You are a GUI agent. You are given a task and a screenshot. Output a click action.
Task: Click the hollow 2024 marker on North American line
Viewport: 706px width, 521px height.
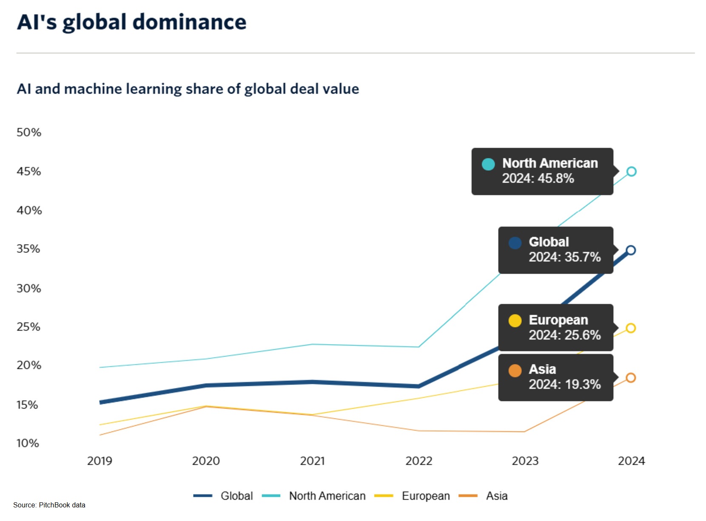[631, 172]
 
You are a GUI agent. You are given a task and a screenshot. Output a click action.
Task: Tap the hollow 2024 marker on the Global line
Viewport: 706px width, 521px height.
[631, 250]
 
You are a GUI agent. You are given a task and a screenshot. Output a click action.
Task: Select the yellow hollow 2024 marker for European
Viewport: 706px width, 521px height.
[631, 328]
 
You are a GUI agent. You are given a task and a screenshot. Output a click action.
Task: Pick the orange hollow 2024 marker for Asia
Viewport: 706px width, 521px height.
[631, 378]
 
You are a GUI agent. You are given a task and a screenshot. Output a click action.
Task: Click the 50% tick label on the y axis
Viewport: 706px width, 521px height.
[29, 133]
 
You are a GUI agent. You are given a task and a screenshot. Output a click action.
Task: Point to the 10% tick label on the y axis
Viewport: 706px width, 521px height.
[28, 443]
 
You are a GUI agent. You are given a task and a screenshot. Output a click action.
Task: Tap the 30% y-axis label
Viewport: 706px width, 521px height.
[29, 289]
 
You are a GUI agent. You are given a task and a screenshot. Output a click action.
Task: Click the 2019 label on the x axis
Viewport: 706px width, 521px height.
[100, 461]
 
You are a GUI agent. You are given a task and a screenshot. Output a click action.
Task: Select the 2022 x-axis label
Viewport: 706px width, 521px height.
[418, 461]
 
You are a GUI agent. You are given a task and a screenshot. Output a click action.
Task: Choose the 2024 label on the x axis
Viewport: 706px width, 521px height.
[631, 461]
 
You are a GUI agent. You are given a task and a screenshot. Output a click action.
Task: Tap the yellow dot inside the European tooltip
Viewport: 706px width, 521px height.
[515, 320]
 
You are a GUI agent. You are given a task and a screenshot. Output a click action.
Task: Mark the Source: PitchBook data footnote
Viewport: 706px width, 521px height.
[49, 505]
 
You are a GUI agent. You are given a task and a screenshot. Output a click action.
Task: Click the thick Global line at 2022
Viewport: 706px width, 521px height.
[418, 386]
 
